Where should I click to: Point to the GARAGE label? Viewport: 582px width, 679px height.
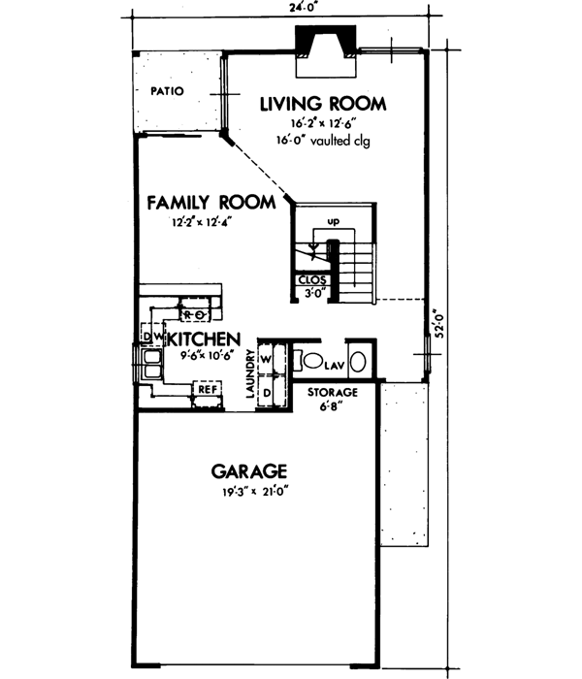[249, 472]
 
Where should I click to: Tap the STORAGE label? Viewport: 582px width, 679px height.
[333, 393]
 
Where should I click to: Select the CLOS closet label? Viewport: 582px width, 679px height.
[311, 281]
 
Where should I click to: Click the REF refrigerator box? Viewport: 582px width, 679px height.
[207, 389]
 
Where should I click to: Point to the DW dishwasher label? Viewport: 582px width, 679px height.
[150, 337]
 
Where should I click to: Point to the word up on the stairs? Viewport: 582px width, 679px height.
[333, 222]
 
